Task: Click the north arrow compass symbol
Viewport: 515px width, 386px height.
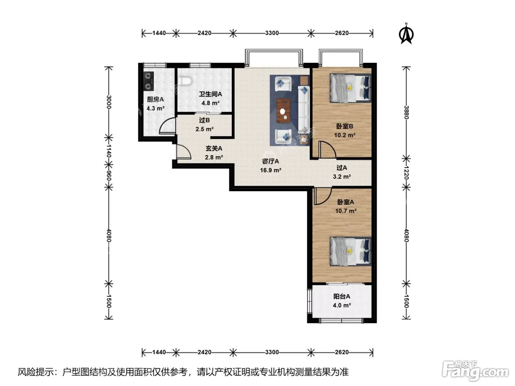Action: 406,34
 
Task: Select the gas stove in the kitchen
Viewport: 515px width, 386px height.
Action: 149,81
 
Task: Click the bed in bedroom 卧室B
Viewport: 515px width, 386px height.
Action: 350,88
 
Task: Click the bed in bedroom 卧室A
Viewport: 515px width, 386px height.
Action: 350,251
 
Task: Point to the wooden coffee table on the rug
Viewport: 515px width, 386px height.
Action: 283,111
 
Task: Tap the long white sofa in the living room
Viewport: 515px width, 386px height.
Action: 304,110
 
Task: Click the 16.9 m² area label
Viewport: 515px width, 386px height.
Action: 270,170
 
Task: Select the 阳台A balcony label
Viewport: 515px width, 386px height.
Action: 342,296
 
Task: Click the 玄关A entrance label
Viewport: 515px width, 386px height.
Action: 214,149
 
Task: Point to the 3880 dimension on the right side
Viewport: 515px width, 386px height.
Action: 406,112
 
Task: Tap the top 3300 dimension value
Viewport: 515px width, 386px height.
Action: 272,33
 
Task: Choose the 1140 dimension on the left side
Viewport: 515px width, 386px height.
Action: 108,151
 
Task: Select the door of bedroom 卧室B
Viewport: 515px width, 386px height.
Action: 327,150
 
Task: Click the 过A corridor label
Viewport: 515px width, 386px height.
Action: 342,168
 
